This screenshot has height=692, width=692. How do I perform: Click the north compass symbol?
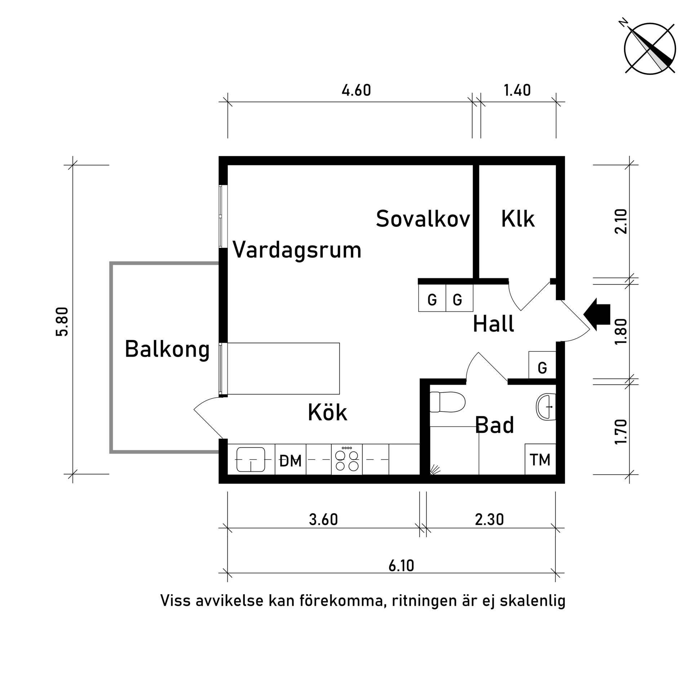649,49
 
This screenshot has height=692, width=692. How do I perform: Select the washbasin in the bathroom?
546,407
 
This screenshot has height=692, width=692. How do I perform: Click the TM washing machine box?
540,460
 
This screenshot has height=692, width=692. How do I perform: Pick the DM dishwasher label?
290,461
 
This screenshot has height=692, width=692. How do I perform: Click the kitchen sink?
251,460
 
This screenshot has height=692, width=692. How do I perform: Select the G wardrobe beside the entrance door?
542,368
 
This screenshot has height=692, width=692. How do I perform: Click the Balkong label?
167,349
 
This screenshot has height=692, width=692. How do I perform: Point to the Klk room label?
518,219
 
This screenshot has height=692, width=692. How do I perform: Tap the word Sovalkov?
423,219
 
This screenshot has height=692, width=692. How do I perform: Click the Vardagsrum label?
297,249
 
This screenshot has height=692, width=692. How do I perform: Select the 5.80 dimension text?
62,322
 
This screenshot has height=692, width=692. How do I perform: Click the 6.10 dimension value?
401,565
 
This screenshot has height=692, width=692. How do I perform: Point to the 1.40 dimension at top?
517,90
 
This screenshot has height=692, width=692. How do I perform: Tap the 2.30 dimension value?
489,519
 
